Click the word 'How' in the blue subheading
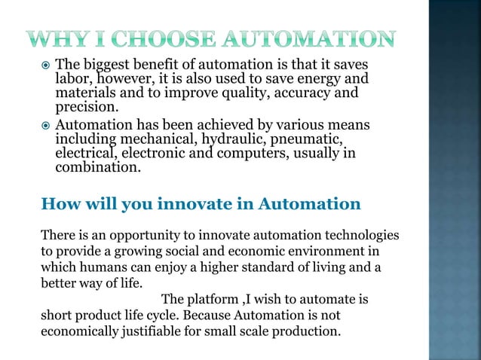(x=59, y=203)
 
